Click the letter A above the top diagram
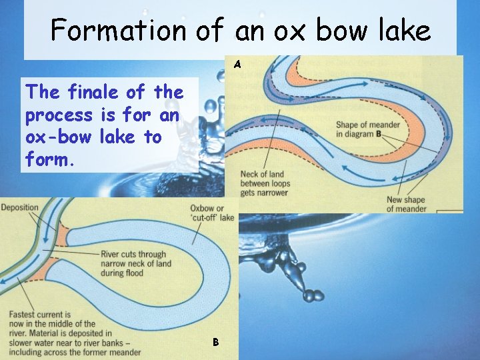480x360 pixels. (x=237, y=65)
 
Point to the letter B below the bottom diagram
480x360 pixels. (x=215, y=342)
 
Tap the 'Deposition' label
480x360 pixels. (x=20, y=207)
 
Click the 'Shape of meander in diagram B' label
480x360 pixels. (x=368, y=129)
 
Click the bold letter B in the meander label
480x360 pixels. (x=378, y=134)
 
